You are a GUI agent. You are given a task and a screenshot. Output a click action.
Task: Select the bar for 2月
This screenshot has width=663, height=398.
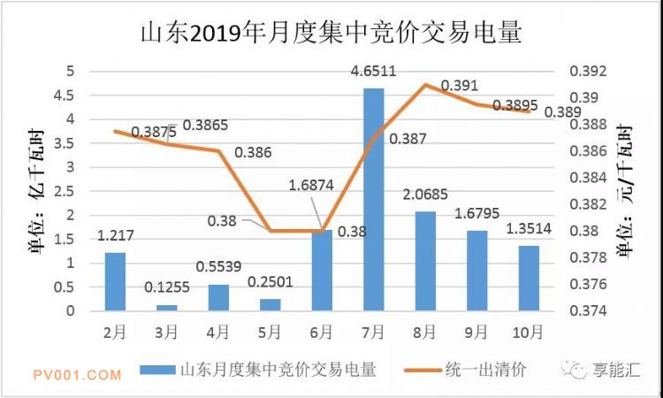pos(115,281)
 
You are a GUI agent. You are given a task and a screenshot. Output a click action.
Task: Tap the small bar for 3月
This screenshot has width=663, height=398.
pos(166,307)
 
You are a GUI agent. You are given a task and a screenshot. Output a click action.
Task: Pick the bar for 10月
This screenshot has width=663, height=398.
pos(528,278)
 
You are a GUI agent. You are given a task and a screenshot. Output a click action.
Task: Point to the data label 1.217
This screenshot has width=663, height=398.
pos(116,237)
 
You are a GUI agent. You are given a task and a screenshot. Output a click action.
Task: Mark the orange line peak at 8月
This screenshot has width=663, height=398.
pos(425,85)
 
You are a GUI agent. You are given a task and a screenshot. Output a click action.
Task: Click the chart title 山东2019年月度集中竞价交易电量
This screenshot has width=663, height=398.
pos(331,34)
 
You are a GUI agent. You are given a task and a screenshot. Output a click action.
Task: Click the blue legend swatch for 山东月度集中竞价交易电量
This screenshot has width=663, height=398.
pos(157,370)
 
